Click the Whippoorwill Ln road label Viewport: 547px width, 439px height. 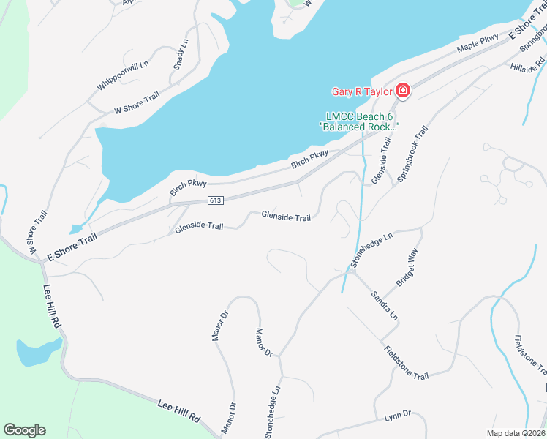(123, 76)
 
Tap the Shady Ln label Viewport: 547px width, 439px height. (181, 54)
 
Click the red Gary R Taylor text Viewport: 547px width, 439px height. (362, 91)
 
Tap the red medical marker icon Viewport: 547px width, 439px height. (402, 91)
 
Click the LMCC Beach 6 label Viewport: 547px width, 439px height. (359, 116)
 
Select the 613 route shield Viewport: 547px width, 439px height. (214, 200)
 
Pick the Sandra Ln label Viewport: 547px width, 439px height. (384, 306)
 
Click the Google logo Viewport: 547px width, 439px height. (24, 430)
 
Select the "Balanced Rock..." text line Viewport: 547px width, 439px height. (359, 127)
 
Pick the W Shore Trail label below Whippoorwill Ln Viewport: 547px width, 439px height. (137, 103)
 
